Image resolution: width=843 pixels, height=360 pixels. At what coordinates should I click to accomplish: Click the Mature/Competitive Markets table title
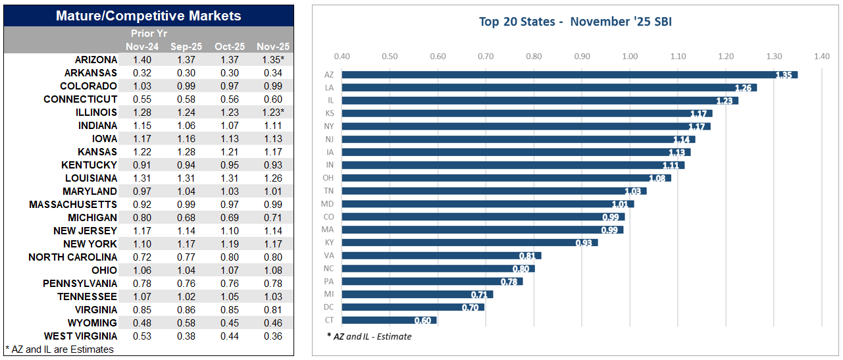click(148, 16)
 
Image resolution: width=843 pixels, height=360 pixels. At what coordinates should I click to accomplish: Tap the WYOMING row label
click(92, 323)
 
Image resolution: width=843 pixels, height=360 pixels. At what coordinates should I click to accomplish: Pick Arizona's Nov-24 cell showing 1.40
click(142, 60)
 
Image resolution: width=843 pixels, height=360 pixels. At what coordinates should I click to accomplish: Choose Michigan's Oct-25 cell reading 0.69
click(230, 218)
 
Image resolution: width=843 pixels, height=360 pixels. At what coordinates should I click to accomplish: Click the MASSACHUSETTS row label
click(73, 205)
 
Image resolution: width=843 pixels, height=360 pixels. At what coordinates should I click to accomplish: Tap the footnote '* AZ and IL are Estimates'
click(59, 349)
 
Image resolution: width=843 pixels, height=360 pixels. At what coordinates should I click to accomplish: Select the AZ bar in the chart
click(569, 75)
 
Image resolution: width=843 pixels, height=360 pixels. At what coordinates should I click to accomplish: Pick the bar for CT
click(389, 321)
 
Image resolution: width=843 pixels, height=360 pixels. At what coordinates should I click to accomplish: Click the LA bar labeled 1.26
click(549, 88)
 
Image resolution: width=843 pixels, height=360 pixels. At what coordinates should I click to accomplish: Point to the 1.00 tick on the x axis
click(629, 57)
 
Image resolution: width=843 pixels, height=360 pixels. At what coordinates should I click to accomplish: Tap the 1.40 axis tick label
click(821, 57)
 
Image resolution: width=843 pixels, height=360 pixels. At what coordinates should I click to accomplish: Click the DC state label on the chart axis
click(328, 307)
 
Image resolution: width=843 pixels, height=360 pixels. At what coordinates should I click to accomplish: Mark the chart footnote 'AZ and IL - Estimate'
click(369, 336)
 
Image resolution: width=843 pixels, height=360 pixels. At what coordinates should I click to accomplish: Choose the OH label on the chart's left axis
click(328, 178)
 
